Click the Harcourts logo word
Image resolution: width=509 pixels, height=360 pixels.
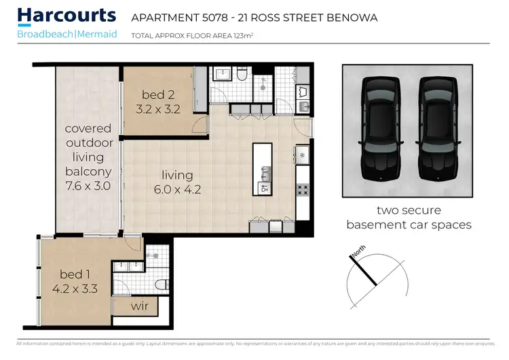[67, 16]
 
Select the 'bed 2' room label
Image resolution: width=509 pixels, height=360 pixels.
[160, 94]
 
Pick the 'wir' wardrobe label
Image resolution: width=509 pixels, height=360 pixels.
[140, 306]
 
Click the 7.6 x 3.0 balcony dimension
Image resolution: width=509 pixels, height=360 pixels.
[88, 184]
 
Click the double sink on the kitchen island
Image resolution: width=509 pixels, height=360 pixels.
[265, 178]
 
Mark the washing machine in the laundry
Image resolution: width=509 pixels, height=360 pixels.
[303, 90]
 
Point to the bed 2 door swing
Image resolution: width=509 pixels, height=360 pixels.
[199, 125]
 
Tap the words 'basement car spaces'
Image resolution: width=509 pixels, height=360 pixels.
[409, 225]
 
